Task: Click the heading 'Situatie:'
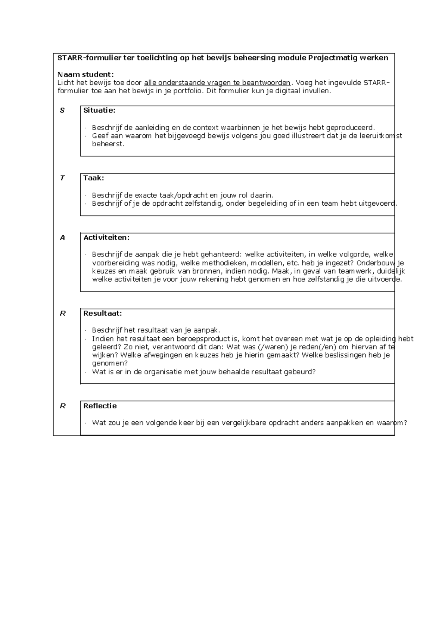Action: click(x=99, y=110)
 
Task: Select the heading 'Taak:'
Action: click(x=94, y=178)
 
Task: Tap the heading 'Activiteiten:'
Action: click(x=106, y=237)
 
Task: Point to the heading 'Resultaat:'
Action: click(x=103, y=313)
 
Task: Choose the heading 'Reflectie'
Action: click(x=100, y=406)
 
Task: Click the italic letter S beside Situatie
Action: click(x=62, y=110)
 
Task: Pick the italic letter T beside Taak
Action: click(x=62, y=178)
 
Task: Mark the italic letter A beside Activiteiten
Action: click(x=62, y=237)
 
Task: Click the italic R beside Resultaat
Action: click(x=62, y=313)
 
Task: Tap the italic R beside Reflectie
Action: click(x=62, y=406)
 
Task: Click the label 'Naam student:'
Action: click(x=85, y=74)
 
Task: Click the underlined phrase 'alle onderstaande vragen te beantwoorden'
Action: click(x=217, y=82)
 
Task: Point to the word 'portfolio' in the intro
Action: click(x=189, y=91)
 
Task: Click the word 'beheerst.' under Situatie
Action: click(x=108, y=144)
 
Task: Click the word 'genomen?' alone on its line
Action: click(x=110, y=363)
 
